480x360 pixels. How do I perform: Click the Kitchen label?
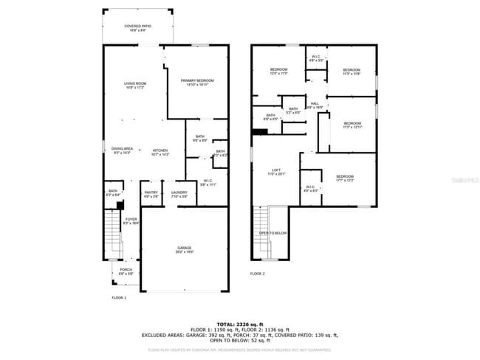(x=160, y=151)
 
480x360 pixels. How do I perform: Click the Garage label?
(x=184, y=249)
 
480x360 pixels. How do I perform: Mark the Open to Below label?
(x=272, y=232)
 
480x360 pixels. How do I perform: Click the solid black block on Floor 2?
(x=259, y=132)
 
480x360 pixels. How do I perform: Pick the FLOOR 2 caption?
(x=257, y=273)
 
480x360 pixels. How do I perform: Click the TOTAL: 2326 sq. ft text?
(x=240, y=323)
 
